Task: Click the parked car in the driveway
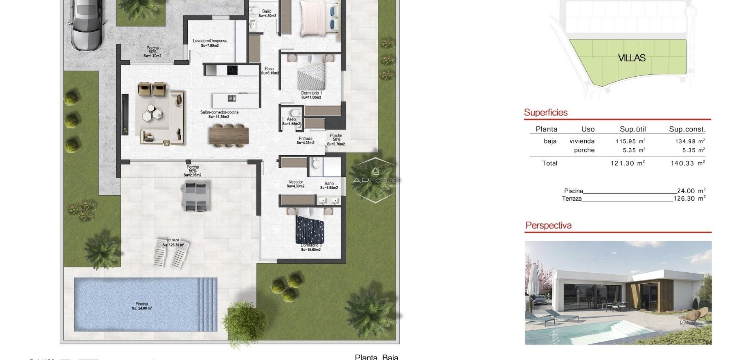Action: (x=87, y=23)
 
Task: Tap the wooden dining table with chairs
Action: (x=229, y=135)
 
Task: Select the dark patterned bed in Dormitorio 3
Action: (x=309, y=229)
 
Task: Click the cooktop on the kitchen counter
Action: (x=232, y=70)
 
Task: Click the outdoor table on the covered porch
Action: (x=195, y=197)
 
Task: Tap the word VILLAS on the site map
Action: (x=631, y=58)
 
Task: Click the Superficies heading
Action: (x=545, y=113)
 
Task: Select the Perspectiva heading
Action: (x=548, y=225)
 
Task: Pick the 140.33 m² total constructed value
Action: (x=688, y=163)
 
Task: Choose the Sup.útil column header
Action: (x=632, y=129)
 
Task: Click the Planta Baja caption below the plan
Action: (x=376, y=356)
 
